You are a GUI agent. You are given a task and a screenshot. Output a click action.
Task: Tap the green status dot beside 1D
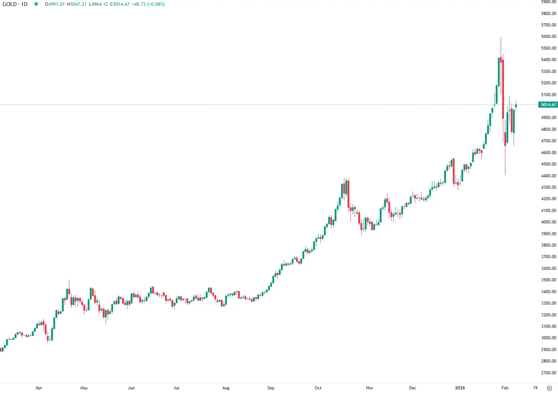pos(36,4)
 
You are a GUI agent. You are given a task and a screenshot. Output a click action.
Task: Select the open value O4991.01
pos(55,4)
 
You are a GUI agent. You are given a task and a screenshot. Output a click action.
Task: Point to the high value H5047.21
pos(77,4)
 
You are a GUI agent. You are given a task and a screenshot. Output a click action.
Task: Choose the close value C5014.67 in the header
pos(120,4)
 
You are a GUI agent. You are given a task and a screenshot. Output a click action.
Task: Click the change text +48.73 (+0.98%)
pos(148,4)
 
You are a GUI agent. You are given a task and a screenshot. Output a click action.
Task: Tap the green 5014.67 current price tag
pos(548,105)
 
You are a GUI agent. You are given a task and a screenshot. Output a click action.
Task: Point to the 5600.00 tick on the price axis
pos(549,36)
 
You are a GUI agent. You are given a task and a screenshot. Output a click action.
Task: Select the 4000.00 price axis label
pos(549,222)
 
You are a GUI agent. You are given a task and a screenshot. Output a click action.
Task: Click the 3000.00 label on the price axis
pos(549,338)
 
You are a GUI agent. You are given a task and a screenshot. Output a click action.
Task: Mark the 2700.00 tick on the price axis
pos(549,373)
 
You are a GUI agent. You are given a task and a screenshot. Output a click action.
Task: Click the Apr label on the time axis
pos(39,388)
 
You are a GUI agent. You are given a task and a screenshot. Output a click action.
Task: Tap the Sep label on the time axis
pos(271,388)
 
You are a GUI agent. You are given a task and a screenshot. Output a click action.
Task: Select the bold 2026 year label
pos(460,388)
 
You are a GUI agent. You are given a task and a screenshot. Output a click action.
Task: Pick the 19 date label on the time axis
pos(535,388)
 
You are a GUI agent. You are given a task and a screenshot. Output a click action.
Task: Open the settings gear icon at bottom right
pos(549,388)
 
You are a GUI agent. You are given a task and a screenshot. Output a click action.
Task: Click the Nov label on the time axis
pos(370,388)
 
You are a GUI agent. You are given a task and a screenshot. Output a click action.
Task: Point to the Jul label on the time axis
pos(176,388)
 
